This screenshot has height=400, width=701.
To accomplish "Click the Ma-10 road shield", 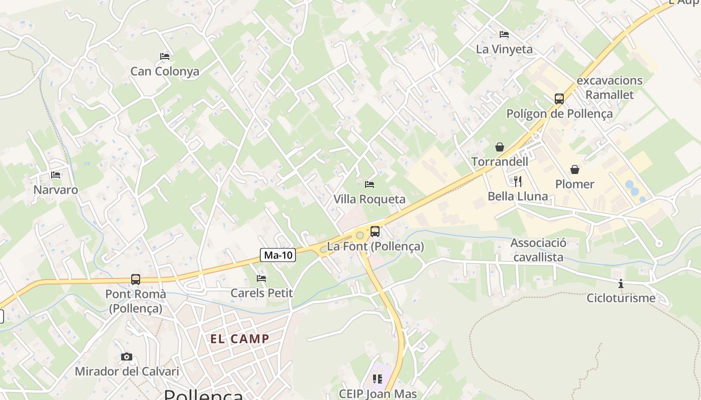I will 278,255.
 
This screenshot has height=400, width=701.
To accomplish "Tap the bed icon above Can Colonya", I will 165,56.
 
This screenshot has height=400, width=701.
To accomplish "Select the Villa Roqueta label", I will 370,199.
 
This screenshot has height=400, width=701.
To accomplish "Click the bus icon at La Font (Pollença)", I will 375,231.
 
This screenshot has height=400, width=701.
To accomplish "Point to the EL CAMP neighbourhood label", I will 240,339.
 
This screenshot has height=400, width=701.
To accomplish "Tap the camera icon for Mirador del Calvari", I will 127,356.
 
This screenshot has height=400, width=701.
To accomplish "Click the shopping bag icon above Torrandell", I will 500,146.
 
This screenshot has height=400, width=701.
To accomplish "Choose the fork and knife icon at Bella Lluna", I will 518,181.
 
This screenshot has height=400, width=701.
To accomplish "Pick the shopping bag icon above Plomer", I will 575,169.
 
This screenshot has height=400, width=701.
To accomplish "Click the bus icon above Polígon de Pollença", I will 559,99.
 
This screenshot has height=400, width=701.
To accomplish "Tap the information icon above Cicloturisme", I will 621,283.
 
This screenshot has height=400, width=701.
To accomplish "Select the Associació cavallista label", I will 538,250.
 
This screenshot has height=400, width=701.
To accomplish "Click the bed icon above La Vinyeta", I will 504,34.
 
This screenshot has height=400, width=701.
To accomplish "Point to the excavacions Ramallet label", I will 609,87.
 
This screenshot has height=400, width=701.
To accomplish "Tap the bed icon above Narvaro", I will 56,175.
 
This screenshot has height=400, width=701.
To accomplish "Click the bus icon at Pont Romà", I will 136,279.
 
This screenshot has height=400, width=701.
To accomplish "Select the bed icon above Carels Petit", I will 261,278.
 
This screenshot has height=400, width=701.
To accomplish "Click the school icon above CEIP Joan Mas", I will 378,379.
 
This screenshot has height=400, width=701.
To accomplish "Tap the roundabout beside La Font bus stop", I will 360,235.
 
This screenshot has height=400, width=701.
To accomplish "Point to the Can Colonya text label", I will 165,71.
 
